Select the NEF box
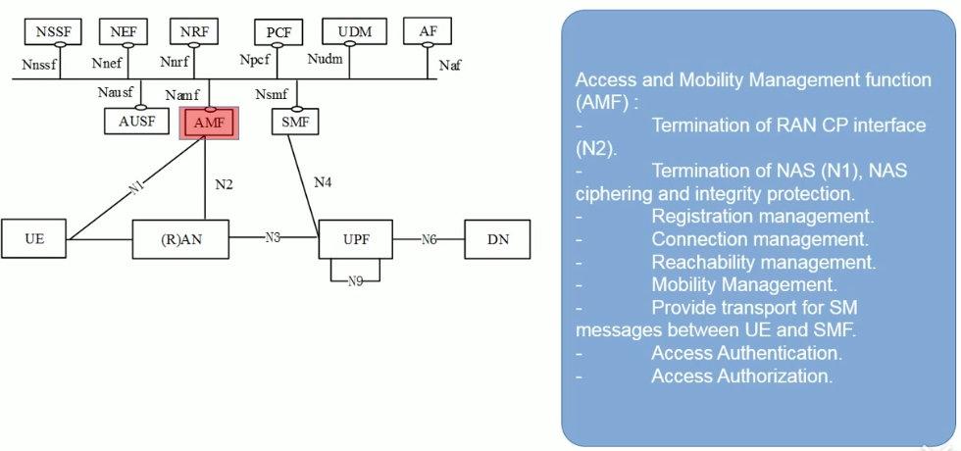point(124,31)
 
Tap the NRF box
point(194,31)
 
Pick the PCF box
point(278,32)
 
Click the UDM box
point(355,31)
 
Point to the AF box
point(428,31)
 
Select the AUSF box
point(137,122)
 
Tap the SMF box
point(294,122)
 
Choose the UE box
point(34,238)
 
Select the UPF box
point(355,238)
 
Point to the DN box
point(497,238)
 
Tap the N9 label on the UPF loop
point(355,281)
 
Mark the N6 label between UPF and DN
point(429,238)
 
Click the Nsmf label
point(272,95)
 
